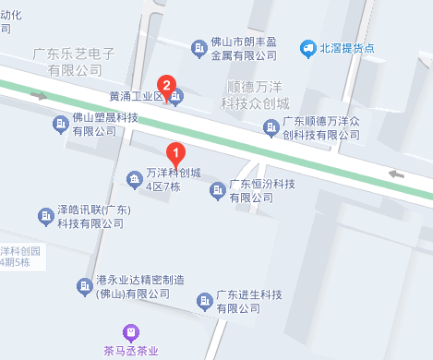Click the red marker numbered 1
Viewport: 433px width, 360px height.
175,152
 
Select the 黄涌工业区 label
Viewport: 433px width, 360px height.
135,96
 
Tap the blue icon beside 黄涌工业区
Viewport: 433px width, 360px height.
177,96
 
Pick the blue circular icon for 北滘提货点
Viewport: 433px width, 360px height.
307,48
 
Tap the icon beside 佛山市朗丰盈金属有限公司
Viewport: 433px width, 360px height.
197,48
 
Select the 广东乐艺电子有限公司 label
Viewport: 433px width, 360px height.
74,62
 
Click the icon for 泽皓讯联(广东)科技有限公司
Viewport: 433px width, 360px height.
44,217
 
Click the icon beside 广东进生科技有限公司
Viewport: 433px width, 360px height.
204,302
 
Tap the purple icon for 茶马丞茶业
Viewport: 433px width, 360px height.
132,332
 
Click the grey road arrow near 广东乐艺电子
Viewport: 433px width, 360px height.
38,94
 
